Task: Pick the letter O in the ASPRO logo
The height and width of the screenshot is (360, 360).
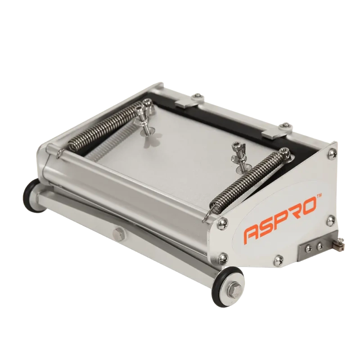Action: click(x=314, y=209)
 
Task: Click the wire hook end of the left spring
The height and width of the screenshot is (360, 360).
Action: click(x=58, y=155)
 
